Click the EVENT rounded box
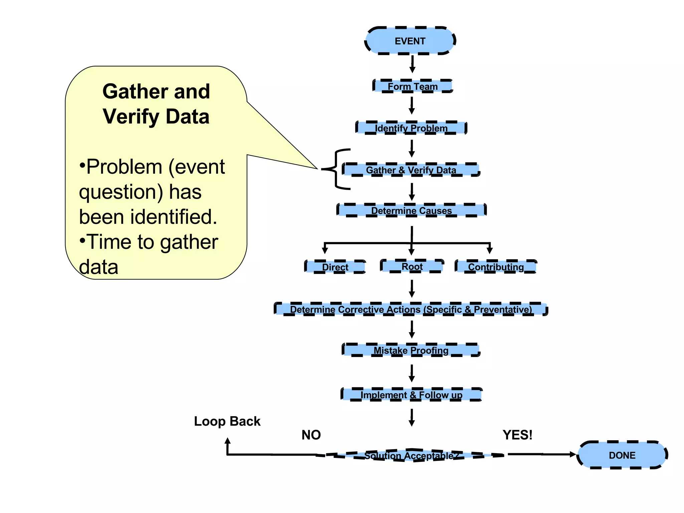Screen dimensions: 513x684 click(410, 41)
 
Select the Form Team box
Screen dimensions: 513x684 click(412, 86)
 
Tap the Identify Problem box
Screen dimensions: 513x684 click(411, 128)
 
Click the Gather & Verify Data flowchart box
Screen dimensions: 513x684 click(411, 170)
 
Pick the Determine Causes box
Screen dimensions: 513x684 click(411, 210)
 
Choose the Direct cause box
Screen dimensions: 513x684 click(335, 267)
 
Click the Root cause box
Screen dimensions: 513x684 click(412, 266)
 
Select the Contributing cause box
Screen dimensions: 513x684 click(496, 267)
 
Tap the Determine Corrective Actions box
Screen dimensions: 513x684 click(411, 309)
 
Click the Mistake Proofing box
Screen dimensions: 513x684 click(411, 350)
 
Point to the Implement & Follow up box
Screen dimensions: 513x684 click(411, 395)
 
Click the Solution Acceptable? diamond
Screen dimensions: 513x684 click(411, 455)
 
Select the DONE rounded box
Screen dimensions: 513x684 click(622, 455)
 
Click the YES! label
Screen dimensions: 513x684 click(517, 435)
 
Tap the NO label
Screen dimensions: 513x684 click(311, 435)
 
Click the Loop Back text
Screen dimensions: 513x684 click(227, 421)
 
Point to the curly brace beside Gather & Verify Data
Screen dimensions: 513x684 click(336, 169)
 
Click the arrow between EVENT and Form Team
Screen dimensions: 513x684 click(412, 64)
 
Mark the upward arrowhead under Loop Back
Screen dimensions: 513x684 click(228, 441)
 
